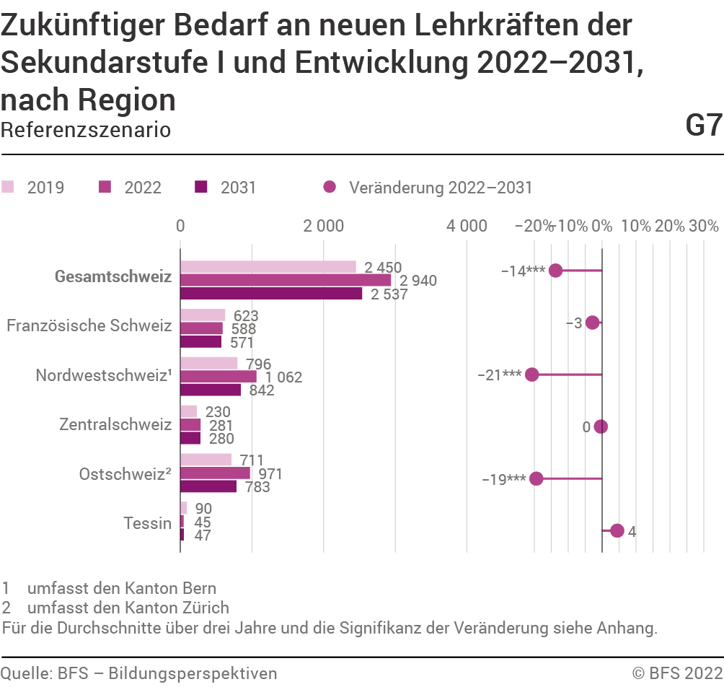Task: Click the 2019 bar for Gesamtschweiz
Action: coord(268,267)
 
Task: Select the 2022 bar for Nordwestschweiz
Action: coord(218,377)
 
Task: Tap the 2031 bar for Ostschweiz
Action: coord(208,486)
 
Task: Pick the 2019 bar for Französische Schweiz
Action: coord(203,315)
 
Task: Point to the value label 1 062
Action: coord(283,377)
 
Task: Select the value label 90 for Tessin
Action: coord(203,508)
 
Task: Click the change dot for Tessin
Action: coord(617,530)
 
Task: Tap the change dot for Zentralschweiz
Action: coord(601,426)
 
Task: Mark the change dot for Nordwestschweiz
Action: coord(532,375)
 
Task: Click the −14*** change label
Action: coord(523,271)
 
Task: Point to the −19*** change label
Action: coord(503,479)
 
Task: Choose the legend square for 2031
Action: coord(201,188)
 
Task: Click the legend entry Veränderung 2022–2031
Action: coord(440,188)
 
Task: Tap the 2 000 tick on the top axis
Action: coord(324,226)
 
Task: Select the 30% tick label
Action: coord(704,226)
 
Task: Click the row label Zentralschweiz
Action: coord(115,425)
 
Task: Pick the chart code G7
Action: coord(703,126)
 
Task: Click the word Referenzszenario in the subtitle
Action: coord(86,130)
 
